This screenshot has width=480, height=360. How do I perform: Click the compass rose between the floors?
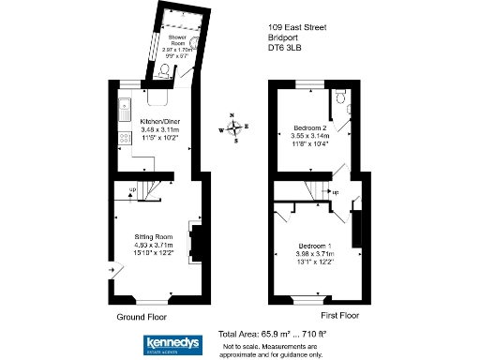[x=235, y=128]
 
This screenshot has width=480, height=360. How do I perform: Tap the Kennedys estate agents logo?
[x=172, y=344]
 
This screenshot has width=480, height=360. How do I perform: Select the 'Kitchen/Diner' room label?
[x=157, y=123]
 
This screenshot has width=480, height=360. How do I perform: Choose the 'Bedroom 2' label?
[x=308, y=127]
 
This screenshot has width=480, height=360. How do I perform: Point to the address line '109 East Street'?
[x=297, y=29]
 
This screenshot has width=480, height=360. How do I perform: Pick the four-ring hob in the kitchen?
[x=124, y=142]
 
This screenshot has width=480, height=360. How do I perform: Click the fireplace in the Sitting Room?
[x=193, y=241]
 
